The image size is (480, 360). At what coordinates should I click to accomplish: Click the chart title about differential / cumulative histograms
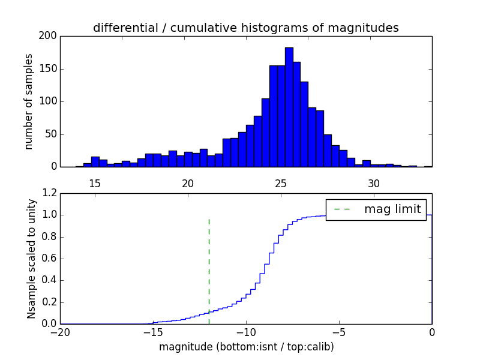pyautogui.click(x=245, y=28)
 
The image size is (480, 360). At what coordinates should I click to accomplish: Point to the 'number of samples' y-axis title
pyautogui.click(x=29, y=101)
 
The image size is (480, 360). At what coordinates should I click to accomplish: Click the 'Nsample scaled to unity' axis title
pyautogui.click(x=31, y=259)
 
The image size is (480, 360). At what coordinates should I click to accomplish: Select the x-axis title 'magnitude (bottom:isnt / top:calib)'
pyautogui.click(x=246, y=347)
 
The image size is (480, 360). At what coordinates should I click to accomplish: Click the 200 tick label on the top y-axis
pyautogui.click(x=49, y=36)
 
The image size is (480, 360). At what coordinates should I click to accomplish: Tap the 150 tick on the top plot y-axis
pyautogui.click(x=49, y=68)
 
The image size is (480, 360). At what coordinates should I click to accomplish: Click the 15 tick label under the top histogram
pyautogui.click(x=95, y=182)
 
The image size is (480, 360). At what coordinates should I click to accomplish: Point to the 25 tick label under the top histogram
pyautogui.click(x=281, y=182)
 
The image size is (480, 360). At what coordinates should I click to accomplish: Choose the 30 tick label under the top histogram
pyautogui.click(x=374, y=182)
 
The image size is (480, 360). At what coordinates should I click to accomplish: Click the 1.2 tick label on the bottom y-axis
pyautogui.click(x=49, y=193)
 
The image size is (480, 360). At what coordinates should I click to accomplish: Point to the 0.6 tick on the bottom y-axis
pyautogui.click(x=49, y=259)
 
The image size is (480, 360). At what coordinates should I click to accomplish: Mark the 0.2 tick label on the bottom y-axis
pyautogui.click(x=49, y=302)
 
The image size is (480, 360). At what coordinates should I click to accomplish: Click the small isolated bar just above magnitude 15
pyautogui.click(x=95, y=161)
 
